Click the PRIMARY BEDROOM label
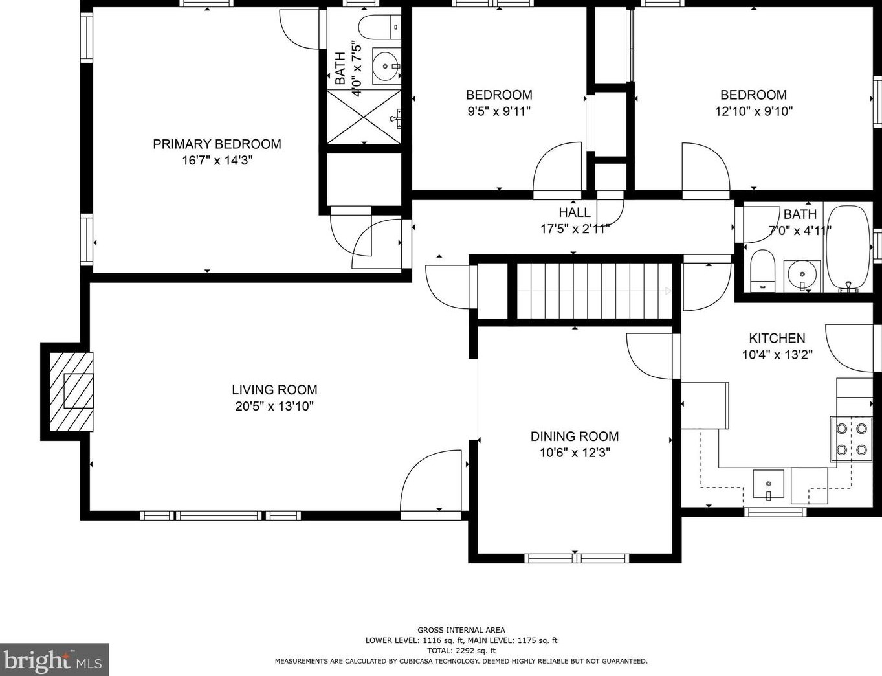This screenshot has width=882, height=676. point(217,144)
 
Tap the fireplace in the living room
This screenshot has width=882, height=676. point(71,391)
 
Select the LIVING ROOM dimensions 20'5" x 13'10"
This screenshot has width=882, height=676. point(274,406)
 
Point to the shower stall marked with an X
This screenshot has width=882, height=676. point(364,117)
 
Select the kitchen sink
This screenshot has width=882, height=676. point(768,484)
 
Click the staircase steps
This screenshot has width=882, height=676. point(594,291)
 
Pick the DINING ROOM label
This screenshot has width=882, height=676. point(575,436)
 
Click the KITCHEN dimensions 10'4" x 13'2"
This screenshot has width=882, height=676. point(777,355)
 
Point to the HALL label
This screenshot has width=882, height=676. point(575,212)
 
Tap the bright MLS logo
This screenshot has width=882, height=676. point(54,659)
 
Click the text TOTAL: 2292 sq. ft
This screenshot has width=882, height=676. point(461,651)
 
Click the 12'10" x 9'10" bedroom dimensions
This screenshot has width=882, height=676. point(754,111)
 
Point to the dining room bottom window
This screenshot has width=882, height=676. point(577,558)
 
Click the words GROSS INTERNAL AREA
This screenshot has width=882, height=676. point(461,630)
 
